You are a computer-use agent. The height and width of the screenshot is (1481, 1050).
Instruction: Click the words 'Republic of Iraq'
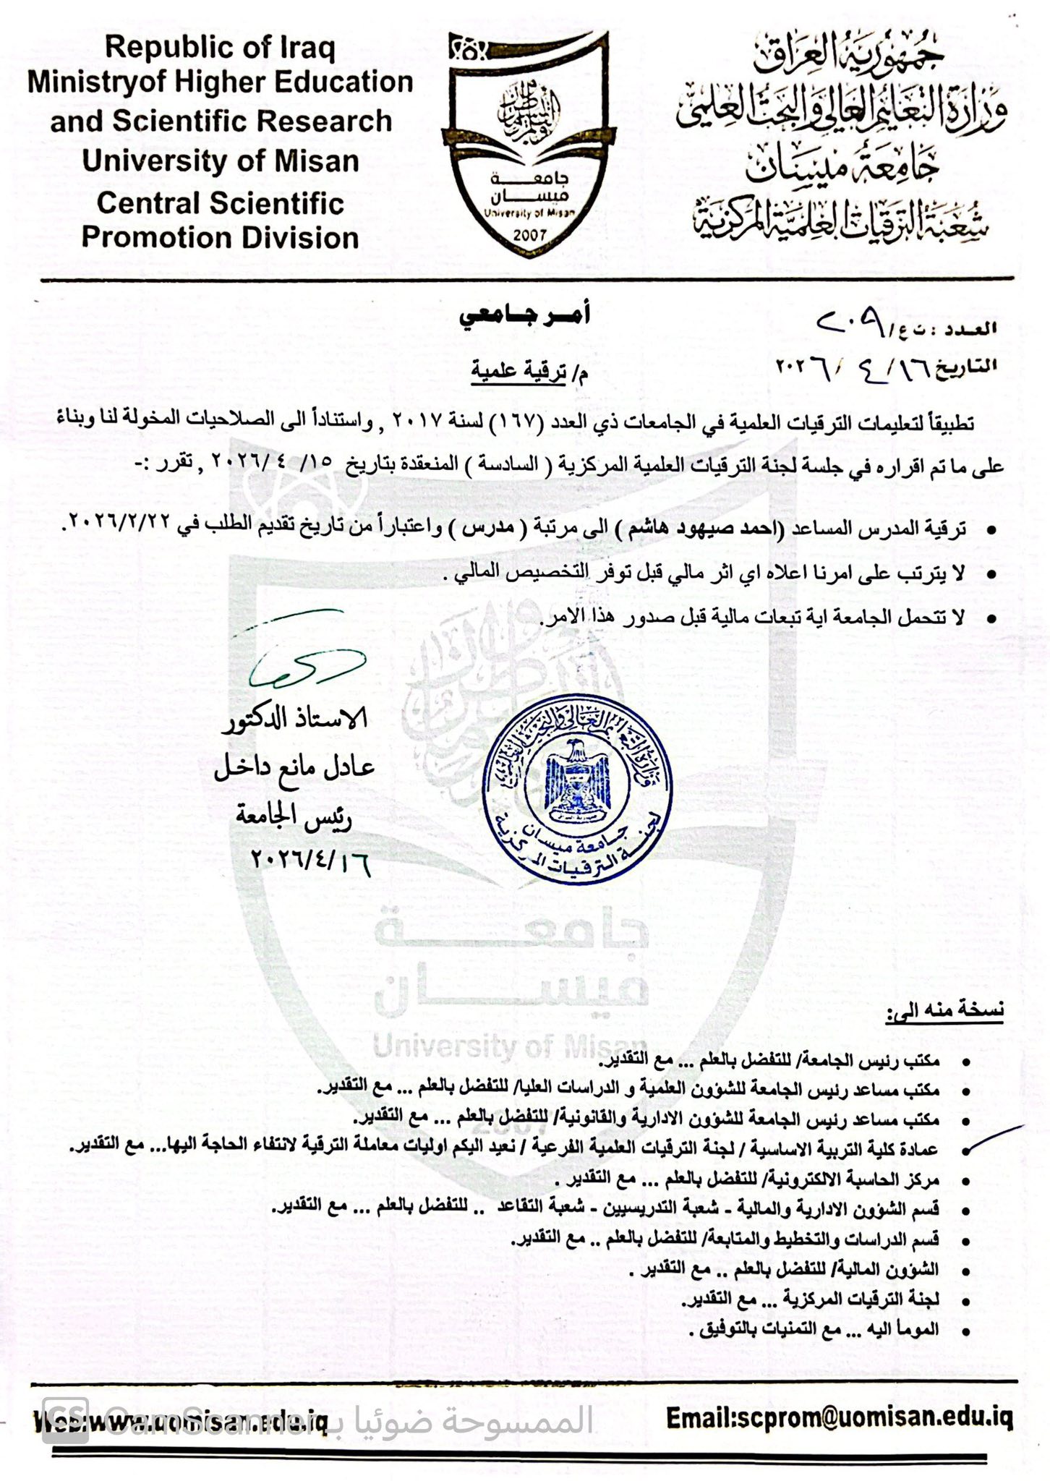pos(220,48)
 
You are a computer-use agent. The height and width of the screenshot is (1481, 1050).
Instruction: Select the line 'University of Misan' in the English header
pos(220,161)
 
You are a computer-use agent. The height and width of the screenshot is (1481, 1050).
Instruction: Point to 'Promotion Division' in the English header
pos(220,237)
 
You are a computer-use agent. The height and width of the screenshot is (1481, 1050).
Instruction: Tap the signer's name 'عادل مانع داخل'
pos(294,767)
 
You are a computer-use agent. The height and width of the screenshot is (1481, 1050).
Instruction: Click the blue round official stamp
pos(576,788)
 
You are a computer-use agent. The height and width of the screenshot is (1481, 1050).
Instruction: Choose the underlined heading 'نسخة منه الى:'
pos(944,1010)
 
